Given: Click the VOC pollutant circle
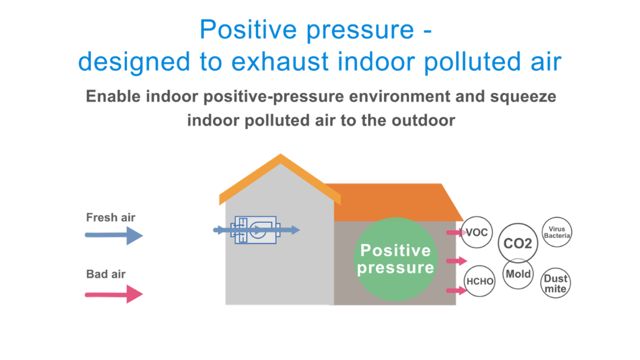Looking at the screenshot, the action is tap(476, 232).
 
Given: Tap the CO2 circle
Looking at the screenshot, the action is tap(518, 243).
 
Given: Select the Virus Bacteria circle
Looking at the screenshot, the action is tap(557, 232).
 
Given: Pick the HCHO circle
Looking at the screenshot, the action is tap(479, 281).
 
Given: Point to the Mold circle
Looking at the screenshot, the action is tap(518, 274).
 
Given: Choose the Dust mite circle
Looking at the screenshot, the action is tap(555, 283).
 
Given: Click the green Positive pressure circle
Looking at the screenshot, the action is tap(395, 259).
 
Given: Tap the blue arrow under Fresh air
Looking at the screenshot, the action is tap(114, 235).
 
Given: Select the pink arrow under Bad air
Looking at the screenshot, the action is tap(114, 294).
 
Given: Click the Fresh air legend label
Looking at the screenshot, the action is tap(111, 218).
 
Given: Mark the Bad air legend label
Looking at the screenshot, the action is tap(106, 274).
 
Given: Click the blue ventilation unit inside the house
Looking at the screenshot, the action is tap(256, 230).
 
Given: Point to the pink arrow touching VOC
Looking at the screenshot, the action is tap(457, 232).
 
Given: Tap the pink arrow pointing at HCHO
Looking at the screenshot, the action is tap(457, 290).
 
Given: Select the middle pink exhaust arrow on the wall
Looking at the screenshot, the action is tap(457, 261).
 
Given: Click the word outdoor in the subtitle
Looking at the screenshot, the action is tap(423, 121).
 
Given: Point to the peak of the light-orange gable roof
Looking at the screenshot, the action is tap(281, 154).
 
